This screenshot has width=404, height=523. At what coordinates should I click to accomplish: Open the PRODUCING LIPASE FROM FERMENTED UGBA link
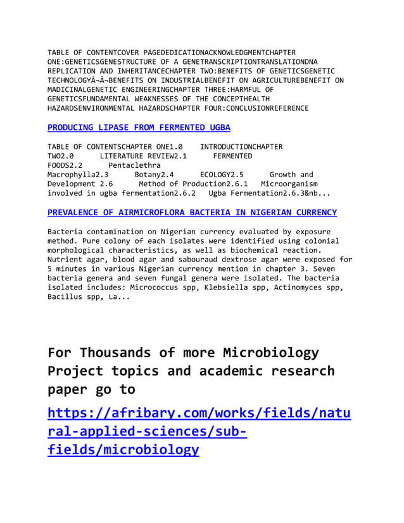click(x=139, y=127)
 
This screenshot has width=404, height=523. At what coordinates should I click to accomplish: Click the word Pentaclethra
click(x=134, y=165)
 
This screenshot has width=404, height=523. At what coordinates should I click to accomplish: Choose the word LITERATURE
click(x=132, y=156)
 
